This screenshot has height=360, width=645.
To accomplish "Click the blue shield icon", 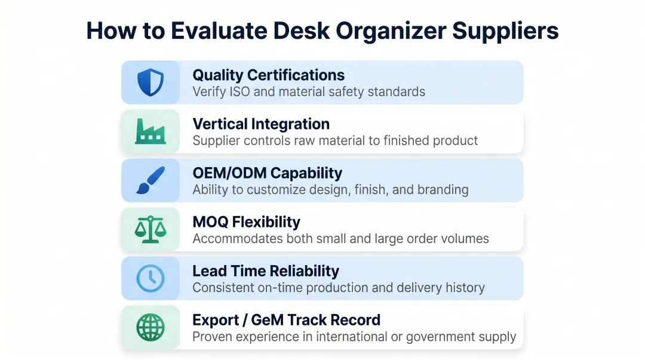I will click(x=150, y=82).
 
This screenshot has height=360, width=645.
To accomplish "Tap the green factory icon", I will click(x=150, y=131).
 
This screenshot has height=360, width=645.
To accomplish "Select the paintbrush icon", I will click(x=150, y=180).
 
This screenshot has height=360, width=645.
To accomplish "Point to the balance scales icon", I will click(x=150, y=229).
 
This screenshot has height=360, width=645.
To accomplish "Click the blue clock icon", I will click(x=150, y=278).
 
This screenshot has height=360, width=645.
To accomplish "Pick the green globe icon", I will click(x=150, y=327).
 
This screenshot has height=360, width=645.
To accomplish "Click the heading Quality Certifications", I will click(x=268, y=75).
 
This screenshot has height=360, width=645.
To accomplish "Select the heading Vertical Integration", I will click(x=261, y=124).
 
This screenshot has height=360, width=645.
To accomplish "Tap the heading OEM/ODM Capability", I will click(x=267, y=173).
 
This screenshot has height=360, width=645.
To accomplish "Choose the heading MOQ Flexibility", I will click(x=246, y=222).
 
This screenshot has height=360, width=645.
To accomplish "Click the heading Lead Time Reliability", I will click(x=266, y=271).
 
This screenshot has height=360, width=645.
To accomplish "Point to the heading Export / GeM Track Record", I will click(x=286, y=320).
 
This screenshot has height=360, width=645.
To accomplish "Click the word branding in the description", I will click(x=443, y=190).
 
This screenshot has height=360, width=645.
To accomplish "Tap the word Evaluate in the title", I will click(x=218, y=31).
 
